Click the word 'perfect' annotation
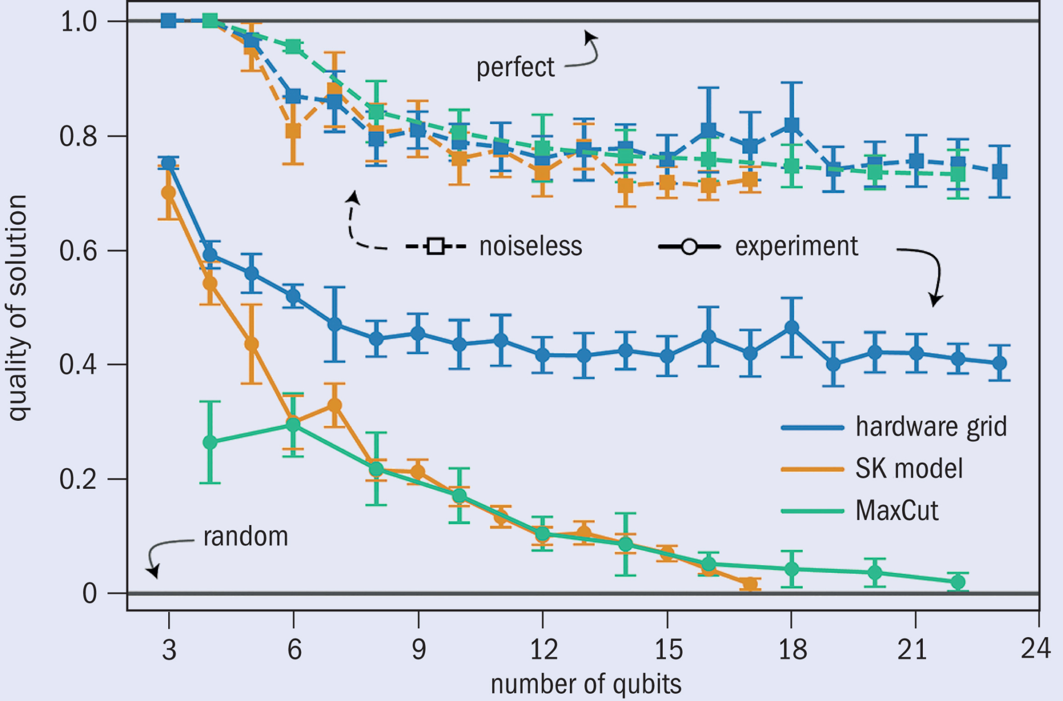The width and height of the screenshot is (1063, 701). [515, 68]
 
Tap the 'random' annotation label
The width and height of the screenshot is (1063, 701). [246, 537]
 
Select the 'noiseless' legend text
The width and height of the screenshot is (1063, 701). [530, 246]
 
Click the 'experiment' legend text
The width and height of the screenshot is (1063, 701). [796, 246]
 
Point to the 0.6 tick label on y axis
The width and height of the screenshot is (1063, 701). [78, 251]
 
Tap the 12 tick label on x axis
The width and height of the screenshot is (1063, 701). [543, 649]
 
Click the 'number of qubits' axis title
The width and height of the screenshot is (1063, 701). [586, 684]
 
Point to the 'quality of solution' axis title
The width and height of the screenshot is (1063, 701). [18, 308]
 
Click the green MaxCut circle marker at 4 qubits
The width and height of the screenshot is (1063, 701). [210, 442]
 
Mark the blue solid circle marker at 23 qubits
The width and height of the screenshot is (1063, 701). [999, 363]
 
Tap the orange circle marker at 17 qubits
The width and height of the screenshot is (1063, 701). [749, 584]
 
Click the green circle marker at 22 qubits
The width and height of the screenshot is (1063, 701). [958, 582]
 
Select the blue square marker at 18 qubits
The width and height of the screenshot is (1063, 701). [792, 125]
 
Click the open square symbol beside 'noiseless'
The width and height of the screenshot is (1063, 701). [435, 246]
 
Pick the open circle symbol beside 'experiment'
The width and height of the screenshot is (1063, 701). [689, 246]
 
